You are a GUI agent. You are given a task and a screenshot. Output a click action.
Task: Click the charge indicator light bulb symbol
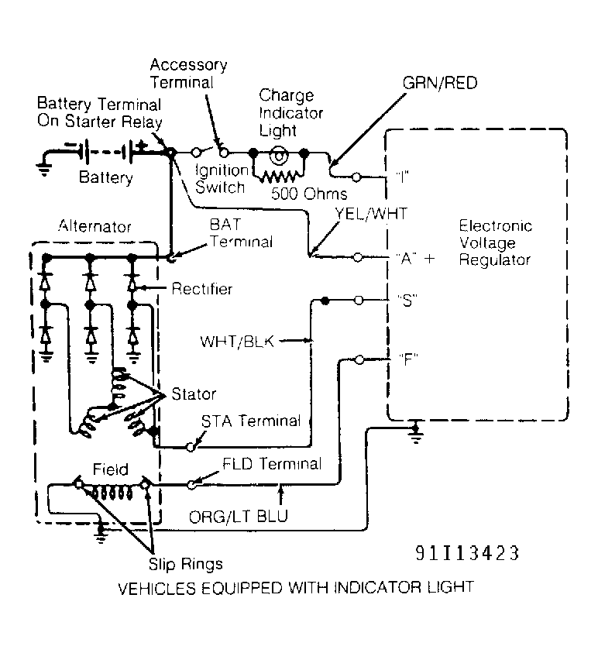279,156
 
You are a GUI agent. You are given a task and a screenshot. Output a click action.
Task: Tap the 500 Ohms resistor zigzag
279,177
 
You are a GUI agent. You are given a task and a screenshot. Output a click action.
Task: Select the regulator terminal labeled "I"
356,177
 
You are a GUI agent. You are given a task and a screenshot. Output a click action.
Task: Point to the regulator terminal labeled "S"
358,300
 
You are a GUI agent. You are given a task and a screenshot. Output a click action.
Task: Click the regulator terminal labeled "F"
359,359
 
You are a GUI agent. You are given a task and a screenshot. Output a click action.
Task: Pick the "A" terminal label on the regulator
406,258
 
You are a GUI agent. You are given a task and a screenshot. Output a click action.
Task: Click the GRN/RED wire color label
440,83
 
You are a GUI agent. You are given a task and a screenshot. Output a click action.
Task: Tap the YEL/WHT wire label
371,214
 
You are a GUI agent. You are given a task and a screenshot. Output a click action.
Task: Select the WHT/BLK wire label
237,342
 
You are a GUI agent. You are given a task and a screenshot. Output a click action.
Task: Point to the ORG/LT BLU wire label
239,517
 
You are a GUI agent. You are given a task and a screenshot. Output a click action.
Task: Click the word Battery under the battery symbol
106,177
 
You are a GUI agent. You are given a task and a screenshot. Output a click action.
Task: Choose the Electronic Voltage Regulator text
495,242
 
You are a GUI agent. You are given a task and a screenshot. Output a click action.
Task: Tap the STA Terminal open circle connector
191,447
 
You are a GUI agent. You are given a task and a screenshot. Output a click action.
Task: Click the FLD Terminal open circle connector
191,484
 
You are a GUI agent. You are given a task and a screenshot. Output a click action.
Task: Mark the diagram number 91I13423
467,553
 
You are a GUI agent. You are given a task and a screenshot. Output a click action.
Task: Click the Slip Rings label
186,564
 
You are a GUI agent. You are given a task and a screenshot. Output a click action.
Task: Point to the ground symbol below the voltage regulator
416,433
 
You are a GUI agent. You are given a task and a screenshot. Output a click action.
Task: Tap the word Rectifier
202,289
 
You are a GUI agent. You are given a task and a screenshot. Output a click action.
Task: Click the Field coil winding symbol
112,492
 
